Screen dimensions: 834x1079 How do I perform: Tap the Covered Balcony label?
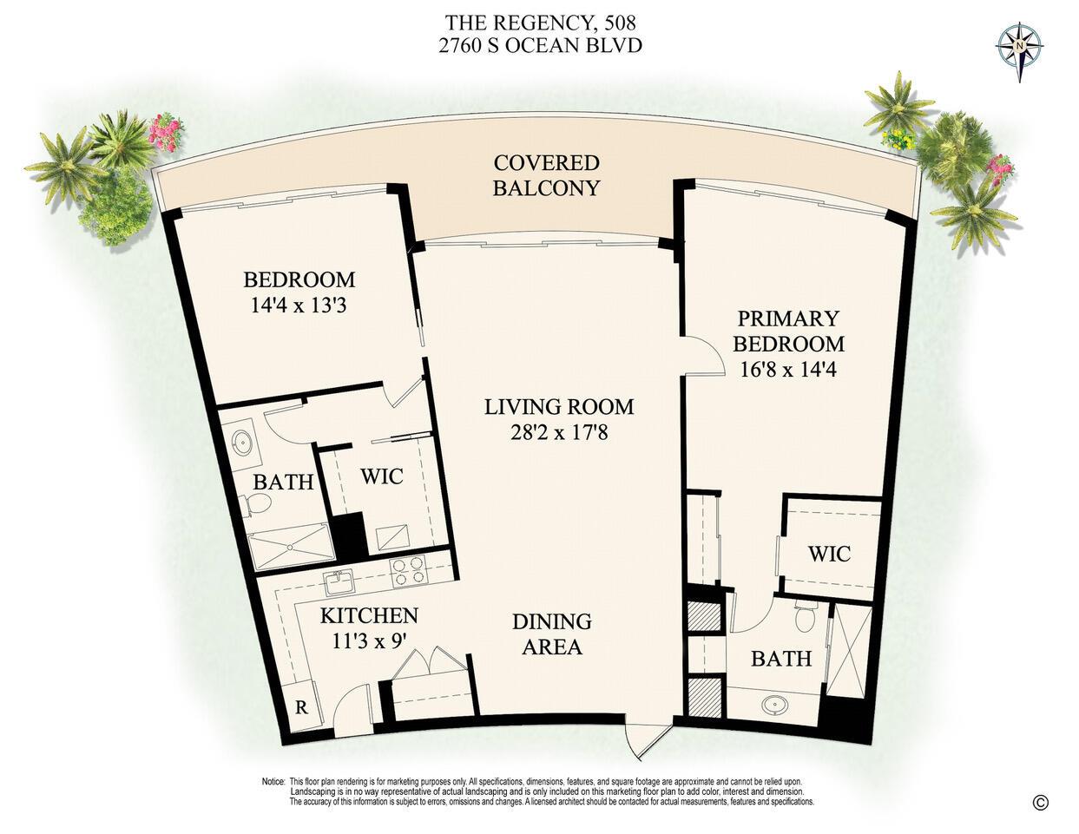(546, 175)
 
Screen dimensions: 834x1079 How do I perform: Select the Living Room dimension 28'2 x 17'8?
(559, 431)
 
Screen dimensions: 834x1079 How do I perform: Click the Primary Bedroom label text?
(789, 331)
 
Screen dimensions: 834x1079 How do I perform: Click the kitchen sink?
(337, 581)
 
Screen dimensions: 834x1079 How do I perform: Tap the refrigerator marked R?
(301, 706)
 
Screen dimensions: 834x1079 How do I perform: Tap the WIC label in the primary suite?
(829, 554)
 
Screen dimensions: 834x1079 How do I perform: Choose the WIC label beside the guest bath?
(381, 476)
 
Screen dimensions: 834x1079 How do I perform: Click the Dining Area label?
(551, 634)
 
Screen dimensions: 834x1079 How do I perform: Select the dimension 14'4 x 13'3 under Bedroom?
(299, 305)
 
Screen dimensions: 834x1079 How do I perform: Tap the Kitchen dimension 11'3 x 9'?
(369, 643)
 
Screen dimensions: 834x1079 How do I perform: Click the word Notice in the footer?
(273, 782)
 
